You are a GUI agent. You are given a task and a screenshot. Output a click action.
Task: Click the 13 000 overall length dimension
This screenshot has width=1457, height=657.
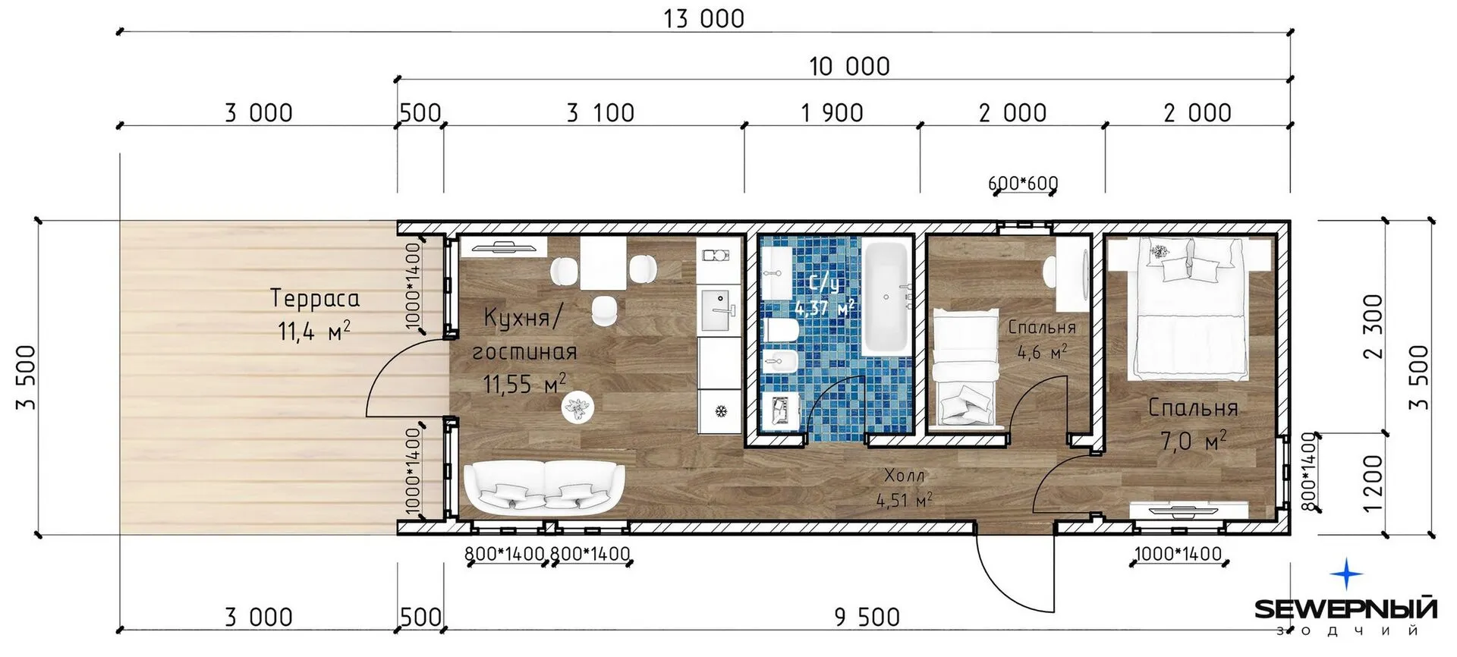pos(704,19)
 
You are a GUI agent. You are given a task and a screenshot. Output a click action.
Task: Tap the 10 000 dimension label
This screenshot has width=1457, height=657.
pos(849,67)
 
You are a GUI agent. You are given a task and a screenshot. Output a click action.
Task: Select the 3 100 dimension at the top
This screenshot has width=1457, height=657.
pos(600,113)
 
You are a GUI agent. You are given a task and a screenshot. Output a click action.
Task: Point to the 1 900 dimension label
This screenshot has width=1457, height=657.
pos(832,113)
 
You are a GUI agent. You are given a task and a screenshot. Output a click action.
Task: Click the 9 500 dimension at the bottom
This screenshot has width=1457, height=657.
pos(867,618)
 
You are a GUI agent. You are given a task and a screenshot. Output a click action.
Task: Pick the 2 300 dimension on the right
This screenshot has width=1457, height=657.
pos(1374,326)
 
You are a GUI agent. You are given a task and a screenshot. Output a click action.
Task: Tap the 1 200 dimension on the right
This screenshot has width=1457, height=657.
pos(1374,483)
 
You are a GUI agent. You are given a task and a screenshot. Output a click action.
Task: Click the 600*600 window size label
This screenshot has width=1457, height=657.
pos(1023,183)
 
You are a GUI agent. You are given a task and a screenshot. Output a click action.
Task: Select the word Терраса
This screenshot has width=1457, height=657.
pos(315,299)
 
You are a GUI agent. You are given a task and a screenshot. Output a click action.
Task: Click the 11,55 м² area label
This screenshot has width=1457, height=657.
pos(524,384)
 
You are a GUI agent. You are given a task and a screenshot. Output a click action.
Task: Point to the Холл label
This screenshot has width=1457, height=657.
pos(905,476)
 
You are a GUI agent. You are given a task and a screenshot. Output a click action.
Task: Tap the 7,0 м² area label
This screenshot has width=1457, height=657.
pos(1194,440)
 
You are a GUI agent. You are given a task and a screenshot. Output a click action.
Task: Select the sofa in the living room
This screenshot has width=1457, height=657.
pos(543,489)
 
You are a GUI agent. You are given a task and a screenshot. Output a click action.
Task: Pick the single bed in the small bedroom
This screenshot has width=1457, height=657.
pos(965,368)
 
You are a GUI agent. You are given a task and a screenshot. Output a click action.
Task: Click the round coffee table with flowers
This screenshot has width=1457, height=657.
pos(578,409)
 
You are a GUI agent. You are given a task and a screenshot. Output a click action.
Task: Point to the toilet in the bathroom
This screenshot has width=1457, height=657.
pos(782,331)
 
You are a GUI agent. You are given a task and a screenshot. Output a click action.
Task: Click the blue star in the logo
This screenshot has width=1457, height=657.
pos(1347,576)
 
